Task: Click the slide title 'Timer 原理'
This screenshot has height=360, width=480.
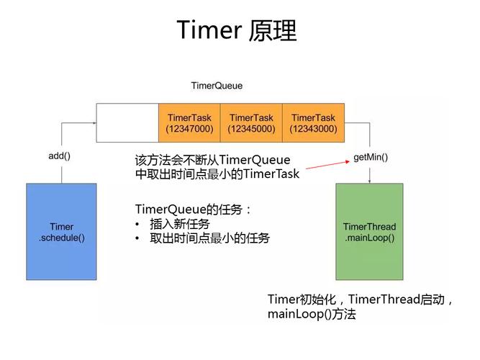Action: [x=237, y=30]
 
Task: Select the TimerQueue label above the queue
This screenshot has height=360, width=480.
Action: [x=217, y=86]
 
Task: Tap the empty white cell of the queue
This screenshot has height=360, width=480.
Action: [x=127, y=123]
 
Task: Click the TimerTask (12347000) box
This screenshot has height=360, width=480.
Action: [x=189, y=123]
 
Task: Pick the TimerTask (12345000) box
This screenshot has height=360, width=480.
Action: [x=251, y=123]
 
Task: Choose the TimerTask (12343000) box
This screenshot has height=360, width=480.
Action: [x=313, y=123]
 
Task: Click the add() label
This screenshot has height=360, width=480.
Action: [x=60, y=156]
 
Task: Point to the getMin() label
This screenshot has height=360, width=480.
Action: [x=371, y=157]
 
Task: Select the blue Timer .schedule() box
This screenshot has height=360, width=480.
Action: [x=61, y=232]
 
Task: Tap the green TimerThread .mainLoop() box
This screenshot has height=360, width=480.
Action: [x=369, y=232]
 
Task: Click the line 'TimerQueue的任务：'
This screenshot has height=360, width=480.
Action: [x=194, y=210]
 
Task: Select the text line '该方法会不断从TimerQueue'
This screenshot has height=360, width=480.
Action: [x=212, y=160]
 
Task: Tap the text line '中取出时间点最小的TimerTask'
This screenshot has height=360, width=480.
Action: [x=217, y=174]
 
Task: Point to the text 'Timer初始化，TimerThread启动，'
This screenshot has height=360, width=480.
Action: [x=361, y=300]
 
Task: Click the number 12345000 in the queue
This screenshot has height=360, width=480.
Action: [x=251, y=129]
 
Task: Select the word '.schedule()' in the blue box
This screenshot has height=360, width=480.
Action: [x=61, y=238]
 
